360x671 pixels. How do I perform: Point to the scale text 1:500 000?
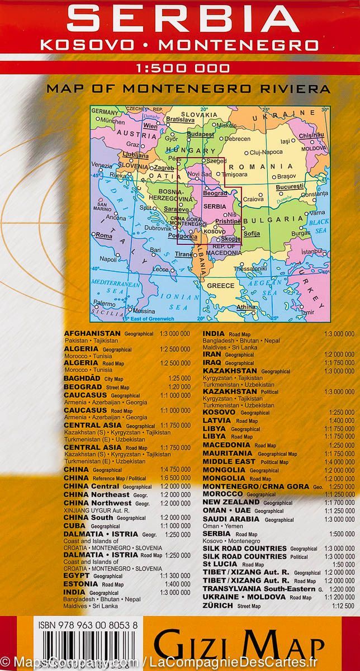click(x=182, y=69)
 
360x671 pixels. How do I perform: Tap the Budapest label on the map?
click(x=201, y=134)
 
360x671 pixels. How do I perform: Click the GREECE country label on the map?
click(x=221, y=286)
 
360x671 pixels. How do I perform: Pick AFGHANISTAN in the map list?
click(x=93, y=333)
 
